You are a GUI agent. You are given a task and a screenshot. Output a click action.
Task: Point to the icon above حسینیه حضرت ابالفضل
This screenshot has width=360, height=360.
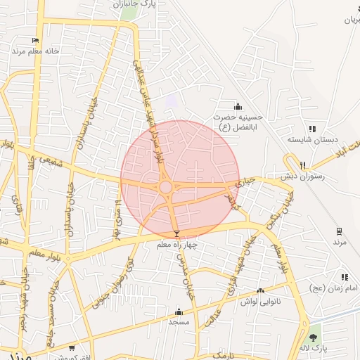pyautogui.click(x=238, y=106)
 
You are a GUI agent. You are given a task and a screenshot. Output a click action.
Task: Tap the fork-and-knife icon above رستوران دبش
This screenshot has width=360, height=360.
pyautogui.click(x=303, y=165)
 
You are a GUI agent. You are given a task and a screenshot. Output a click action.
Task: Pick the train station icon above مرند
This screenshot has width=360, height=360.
pyautogui.click(x=340, y=231)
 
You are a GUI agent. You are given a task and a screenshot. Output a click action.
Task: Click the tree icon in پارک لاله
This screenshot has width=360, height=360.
pyautogui.click(x=313, y=337)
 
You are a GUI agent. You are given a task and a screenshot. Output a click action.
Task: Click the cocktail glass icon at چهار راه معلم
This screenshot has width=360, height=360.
pyautogui.click(x=176, y=233)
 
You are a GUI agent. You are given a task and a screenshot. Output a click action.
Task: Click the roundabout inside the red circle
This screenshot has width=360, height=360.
pyautogui.click(x=166, y=187)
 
